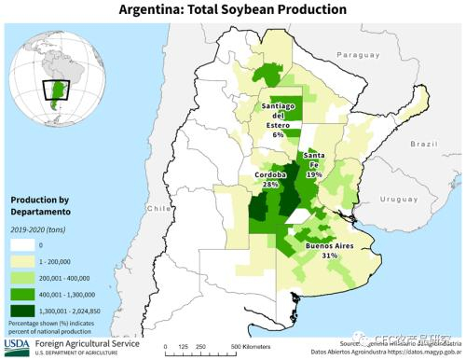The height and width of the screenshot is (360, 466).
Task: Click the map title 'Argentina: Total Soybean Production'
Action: pos(233,9)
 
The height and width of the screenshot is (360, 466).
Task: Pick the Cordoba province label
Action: pos(271,175)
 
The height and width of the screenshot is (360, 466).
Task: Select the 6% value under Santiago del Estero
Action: pos(278,135)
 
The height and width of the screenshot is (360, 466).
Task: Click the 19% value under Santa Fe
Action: pos(314,174)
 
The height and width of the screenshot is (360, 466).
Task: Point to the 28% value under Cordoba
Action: pos(271,185)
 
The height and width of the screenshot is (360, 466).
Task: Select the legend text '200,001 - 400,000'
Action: pos(71,276)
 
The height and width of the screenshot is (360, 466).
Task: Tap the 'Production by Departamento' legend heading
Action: pos(43,205)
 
